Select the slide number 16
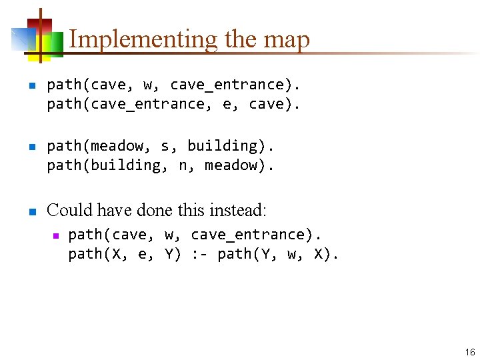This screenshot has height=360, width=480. click(x=470, y=352)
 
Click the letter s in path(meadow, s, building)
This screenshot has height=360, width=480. click(x=165, y=146)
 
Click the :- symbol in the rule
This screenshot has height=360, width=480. click(x=201, y=254)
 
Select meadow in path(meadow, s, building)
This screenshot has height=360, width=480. click(x=117, y=146)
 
